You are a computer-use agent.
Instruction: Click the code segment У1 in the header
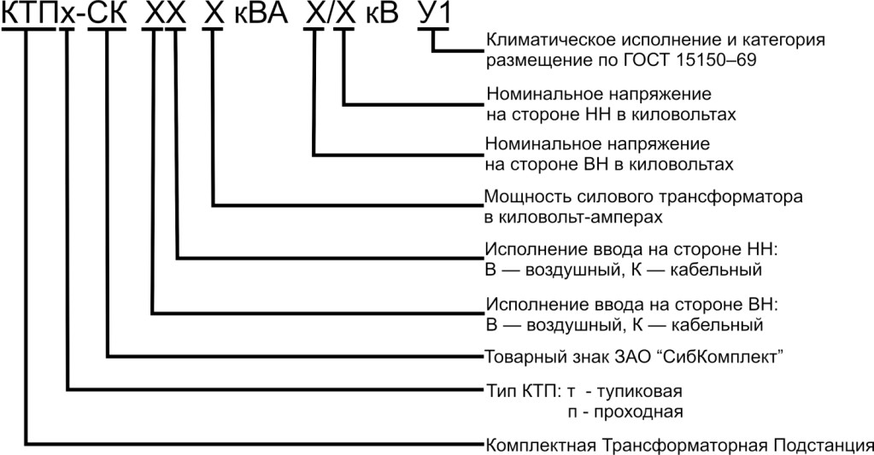[434, 13]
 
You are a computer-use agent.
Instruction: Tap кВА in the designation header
[261, 13]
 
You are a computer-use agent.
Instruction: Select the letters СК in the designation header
[108, 13]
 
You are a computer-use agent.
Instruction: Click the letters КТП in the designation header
[29, 13]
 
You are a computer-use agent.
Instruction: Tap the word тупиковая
[639, 392]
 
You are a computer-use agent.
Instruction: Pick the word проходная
[638, 412]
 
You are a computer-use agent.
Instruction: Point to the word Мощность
[520, 196]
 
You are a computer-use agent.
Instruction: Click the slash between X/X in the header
[330, 13]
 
